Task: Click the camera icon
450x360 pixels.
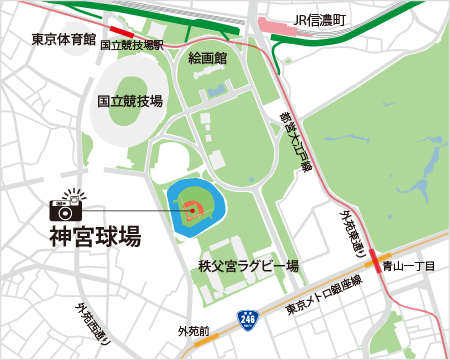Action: [66, 205]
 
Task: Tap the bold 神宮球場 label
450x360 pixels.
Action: [95, 237]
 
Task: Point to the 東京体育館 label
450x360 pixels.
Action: [63, 41]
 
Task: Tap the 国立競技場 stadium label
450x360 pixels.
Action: [130, 101]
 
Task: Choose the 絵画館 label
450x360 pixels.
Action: [208, 58]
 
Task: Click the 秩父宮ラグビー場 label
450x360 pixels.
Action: [249, 266]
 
